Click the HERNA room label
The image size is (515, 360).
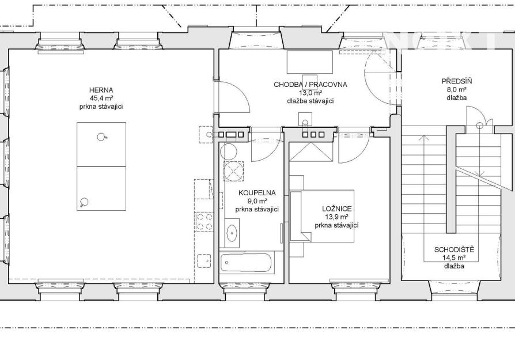pos(101,90)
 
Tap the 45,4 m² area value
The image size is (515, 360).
pos(101,98)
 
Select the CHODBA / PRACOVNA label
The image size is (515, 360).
pos(310,85)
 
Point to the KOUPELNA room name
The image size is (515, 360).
pos(257,193)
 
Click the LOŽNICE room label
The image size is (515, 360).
pos(337,209)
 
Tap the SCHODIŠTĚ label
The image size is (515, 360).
pos(455,249)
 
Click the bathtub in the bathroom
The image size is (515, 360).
pos(247,263)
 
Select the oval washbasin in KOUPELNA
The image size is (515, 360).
pos(233,233)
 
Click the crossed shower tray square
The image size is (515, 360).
pos(234,171)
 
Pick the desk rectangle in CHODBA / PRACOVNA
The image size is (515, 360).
pos(310,62)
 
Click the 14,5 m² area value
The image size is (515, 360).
pos(455,258)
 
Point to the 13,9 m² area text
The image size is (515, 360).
pos(336,217)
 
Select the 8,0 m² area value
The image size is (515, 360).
pos(457,89)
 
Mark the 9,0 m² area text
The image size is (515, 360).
pos(257,201)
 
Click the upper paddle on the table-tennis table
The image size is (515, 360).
pos(102,137)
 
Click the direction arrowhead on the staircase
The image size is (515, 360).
pos(424,138)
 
